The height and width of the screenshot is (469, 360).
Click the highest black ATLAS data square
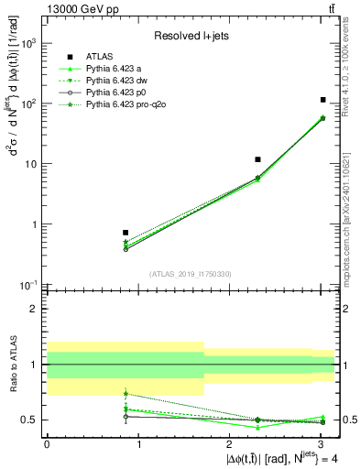(x=323, y=99)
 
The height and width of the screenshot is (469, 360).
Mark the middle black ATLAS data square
(x=258, y=159)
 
